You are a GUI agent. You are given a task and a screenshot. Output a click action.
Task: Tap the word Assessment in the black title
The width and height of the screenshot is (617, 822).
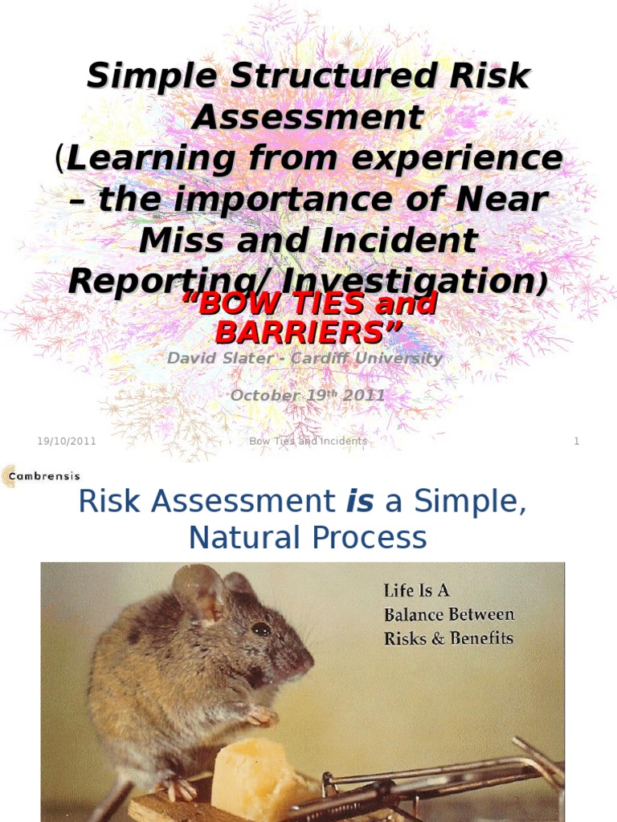coord(308,117)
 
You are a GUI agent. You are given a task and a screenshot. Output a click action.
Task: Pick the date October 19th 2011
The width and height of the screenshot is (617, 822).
coord(308,395)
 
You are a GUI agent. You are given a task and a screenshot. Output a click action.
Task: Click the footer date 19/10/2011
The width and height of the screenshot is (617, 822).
coord(67,442)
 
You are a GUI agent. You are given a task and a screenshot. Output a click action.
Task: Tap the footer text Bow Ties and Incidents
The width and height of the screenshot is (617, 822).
coord(308,442)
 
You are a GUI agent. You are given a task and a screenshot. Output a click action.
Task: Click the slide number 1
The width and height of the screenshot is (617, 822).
coord(576,442)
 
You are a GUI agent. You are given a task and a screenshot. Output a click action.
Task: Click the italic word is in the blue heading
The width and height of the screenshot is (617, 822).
coord(356,502)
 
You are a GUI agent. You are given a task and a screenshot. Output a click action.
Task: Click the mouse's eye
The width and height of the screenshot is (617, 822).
coord(261,629)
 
